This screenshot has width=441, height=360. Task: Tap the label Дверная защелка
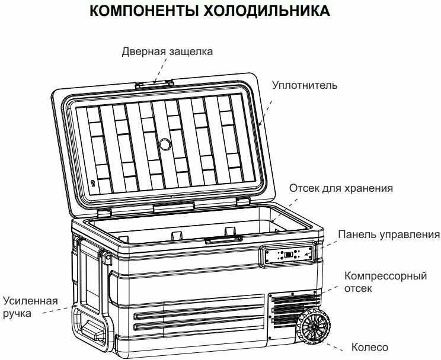coord(167,52)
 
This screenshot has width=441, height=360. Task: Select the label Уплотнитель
coord(305,85)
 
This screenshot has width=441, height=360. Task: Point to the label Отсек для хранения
coord(341,189)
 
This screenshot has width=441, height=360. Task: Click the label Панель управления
coord(389,235)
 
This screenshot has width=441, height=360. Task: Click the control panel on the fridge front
coord(289,256)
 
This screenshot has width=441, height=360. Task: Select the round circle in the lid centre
coord(165,144)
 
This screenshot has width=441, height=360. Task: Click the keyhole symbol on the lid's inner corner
coord(92,184)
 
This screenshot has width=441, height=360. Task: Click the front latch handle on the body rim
coord(223,240)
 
